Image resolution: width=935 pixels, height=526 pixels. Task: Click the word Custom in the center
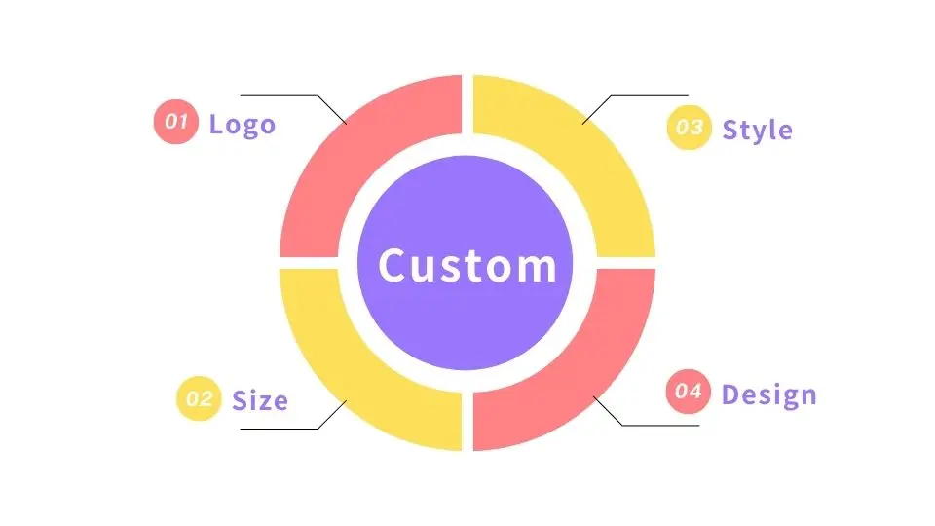click(x=467, y=265)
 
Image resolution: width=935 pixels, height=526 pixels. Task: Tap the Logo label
click(x=243, y=125)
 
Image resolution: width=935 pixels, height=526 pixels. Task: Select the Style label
click(x=757, y=130)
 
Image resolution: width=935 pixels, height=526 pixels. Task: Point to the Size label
click(x=260, y=400)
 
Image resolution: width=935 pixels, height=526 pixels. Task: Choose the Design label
click(x=768, y=394)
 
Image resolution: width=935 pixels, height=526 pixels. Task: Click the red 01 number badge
click(x=176, y=122)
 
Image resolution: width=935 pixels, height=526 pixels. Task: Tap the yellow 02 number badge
click(x=199, y=398)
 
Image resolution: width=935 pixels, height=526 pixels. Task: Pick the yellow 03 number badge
click(x=690, y=128)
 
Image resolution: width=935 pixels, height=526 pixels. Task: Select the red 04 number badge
click(x=689, y=392)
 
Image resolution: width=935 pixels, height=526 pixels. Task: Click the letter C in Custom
click(x=393, y=265)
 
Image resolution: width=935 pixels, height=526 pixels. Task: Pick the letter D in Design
click(x=731, y=394)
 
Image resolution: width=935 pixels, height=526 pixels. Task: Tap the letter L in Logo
click(x=216, y=125)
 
